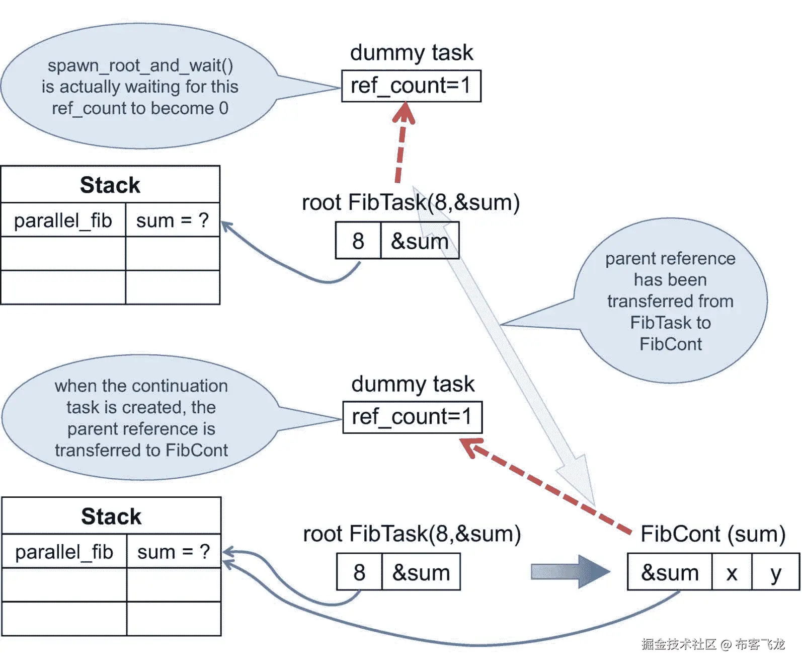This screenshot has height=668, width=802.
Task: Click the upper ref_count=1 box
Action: coord(411,86)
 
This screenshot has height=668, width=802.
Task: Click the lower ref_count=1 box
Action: coord(412,417)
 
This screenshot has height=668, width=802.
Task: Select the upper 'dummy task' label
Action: coord(411,52)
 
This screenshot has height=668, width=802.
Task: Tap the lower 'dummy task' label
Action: coord(413,384)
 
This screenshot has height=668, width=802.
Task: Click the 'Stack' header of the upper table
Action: coord(110,185)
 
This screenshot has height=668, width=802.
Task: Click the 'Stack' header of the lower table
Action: coord(111,516)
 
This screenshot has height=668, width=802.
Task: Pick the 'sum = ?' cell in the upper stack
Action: coord(172,220)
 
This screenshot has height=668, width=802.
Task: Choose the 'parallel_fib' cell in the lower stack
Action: coord(64,552)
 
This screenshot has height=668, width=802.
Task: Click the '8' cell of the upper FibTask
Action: coord(358,241)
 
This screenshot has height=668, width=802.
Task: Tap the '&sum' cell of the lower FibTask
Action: coord(421,572)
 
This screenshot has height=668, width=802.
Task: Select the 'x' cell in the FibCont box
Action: coord(732,572)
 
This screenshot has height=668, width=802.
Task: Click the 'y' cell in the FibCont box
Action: coord(775,572)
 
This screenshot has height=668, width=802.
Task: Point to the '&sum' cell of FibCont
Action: coord(670,572)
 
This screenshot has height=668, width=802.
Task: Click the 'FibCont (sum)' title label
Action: coord(712,534)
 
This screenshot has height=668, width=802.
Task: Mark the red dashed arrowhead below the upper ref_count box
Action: coord(404,113)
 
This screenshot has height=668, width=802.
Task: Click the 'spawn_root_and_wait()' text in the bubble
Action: coord(140,65)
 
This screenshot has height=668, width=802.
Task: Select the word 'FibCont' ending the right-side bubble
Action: coord(670,344)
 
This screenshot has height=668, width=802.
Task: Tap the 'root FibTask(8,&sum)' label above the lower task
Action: coord(412,534)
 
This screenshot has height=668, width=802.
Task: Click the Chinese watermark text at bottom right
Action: coord(712,644)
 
